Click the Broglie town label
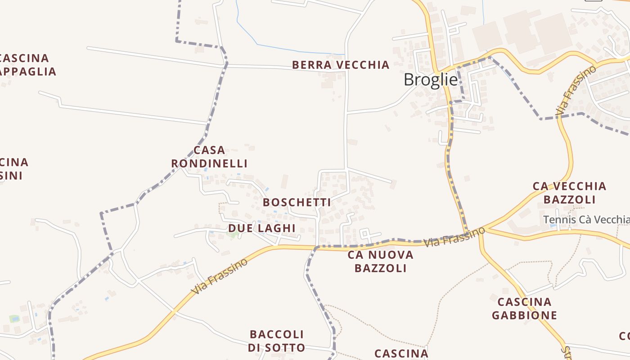click(x=431, y=80)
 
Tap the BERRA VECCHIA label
click(x=341, y=65)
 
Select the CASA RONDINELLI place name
click(x=209, y=157)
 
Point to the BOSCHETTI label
click(x=297, y=202)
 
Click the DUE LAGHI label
click(x=261, y=228)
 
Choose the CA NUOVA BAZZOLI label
click(x=380, y=261)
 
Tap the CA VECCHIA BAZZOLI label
click(x=569, y=193)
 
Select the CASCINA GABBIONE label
click(x=524, y=308)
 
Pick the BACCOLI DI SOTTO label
click(x=276, y=341)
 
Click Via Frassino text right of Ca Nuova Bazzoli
click(x=454, y=236)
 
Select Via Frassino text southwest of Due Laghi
click(x=219, y=276)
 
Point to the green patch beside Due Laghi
click(x=233, y=234)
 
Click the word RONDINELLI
click(x=209, y=163)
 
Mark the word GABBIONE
click(x=524, y=315)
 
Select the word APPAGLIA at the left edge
click(x=28, y=72)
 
